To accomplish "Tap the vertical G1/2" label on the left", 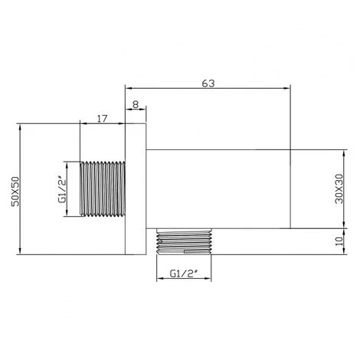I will [x=64, y=188].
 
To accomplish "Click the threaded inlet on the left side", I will [x=103, y=189].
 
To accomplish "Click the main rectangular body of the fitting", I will [x=218, y=188].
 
